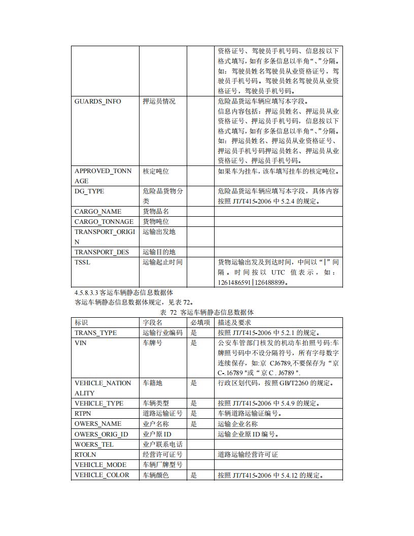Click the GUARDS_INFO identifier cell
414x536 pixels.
(x=98, y=102)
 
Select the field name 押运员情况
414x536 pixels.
(x=159, y=102)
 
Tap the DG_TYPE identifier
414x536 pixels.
(x=89, y=191)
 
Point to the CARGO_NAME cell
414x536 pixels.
(x=98, y=212)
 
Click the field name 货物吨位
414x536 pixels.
(x=156, y=222)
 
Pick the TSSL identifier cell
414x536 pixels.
(x=83, y=262)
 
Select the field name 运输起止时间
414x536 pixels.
(x=162, y=262)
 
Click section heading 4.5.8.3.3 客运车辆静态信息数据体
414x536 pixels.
(x=124, y=292)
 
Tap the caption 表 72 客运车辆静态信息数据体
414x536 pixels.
(x=206, y=312)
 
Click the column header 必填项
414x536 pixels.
(x=200, y=322)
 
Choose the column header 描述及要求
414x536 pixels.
(x=234, y=322)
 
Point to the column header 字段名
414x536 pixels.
(x=152, y=322)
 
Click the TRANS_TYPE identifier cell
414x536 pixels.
(x=96, y=333)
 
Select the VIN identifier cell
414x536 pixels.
(x=81, y=343)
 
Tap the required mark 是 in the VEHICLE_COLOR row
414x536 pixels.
(x=194, y=475)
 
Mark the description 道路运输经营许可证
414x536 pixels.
(x=248, y=455)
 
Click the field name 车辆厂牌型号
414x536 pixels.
(x=162, y=465)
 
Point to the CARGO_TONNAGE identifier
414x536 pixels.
(x=104, y=222)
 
